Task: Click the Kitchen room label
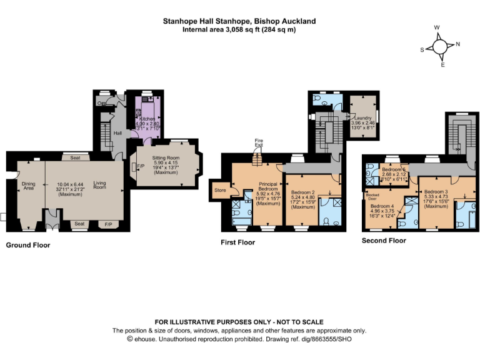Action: [x=147, y=118]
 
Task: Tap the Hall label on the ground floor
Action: [x=117, y=133]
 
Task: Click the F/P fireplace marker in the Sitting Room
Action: [x=134, y=166]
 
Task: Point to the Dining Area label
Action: [x=28, y=185]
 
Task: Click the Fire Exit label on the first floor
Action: [x=257, y=143]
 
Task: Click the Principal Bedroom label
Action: [x=268, y=186]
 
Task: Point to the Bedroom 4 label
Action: [x=382, y=206]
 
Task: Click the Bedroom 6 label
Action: [x=394, y=169]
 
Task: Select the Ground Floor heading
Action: [x=27, y=245]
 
